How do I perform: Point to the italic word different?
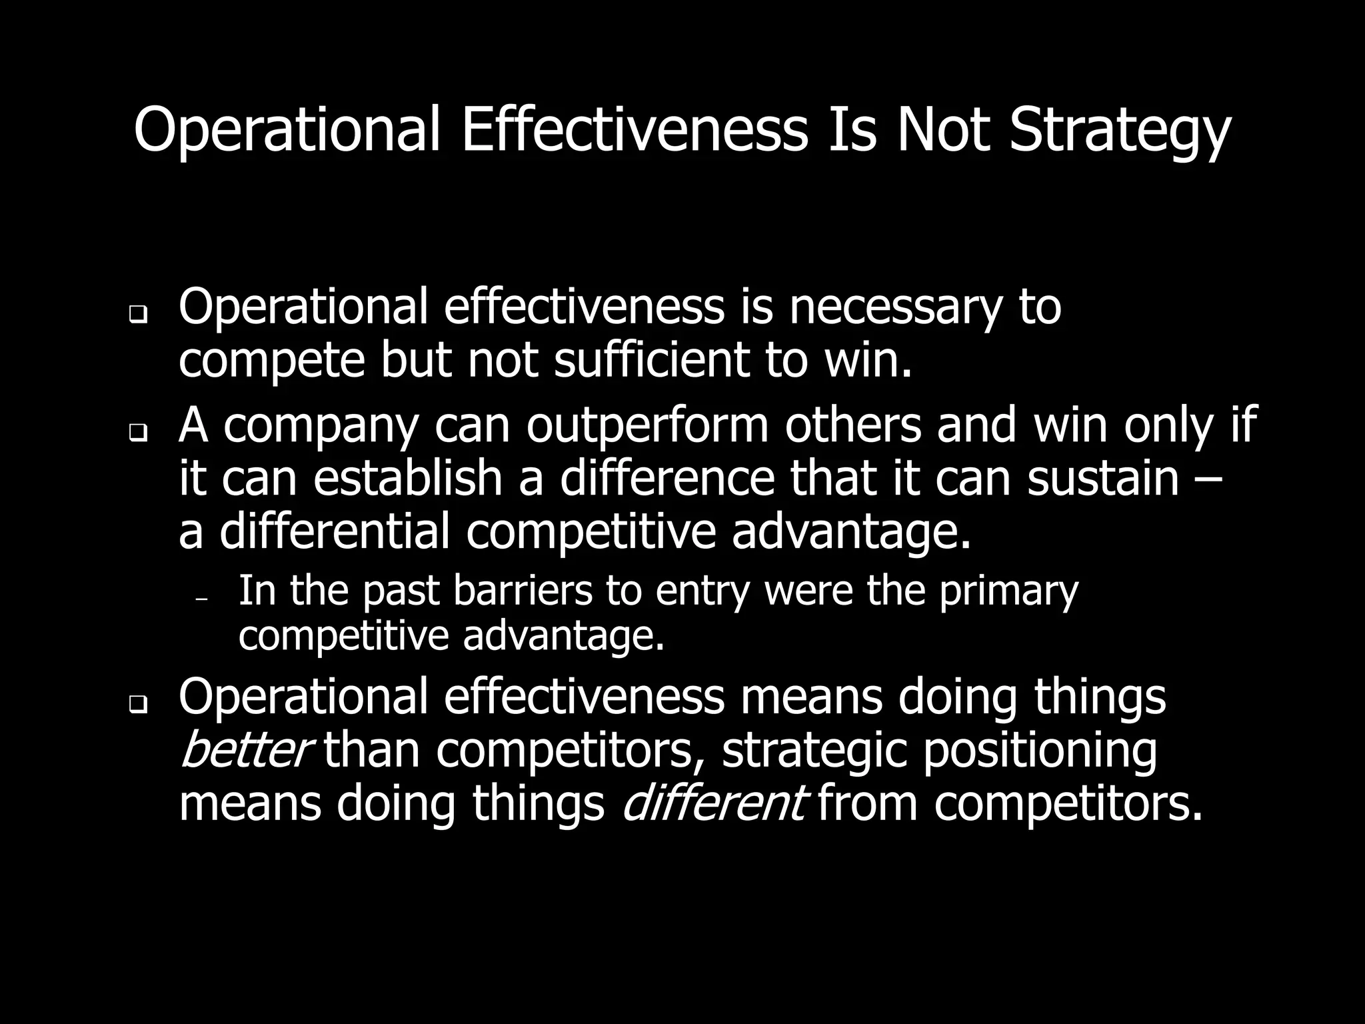[714, 803]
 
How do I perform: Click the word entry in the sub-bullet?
[702, 592]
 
